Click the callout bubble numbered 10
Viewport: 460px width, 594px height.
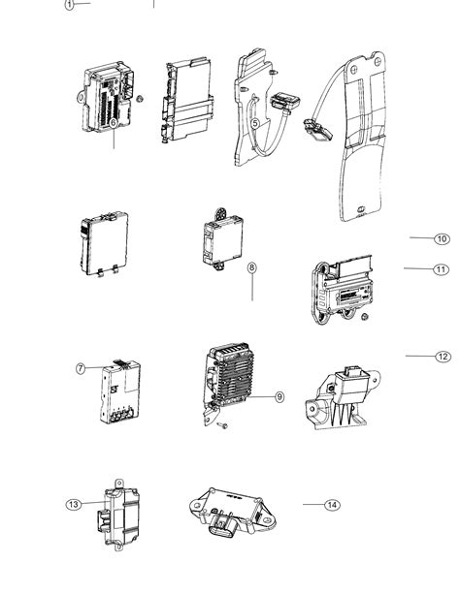coord(442,239)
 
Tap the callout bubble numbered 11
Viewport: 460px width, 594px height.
coord(441,269)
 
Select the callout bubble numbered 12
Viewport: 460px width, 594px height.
coord(443,357)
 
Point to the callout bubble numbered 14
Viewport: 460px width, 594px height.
coord(332,505)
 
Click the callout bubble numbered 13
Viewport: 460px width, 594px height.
coord(74,504)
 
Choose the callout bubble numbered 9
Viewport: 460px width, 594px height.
coord(279,397)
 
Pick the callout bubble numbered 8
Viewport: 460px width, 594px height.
coord(252,267)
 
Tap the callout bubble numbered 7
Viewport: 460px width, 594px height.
coord(81,368)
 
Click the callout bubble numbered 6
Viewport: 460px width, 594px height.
coord(113,123)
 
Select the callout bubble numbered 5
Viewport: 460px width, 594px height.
coord(255,123)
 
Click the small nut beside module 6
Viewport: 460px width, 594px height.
coord(140,99)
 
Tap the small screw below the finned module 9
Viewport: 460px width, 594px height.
coord(223,425)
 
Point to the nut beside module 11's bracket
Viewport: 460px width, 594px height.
coord(364,317)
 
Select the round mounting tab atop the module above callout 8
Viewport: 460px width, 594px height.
coord(221,213)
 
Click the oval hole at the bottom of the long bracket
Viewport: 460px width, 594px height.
coord(360,208)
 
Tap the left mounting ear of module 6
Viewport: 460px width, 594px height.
coord(81,97)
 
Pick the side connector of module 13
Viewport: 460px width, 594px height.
coord(103,518)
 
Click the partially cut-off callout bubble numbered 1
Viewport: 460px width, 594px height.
coord(69,4)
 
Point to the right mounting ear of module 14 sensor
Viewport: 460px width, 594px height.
coord(270,520)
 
